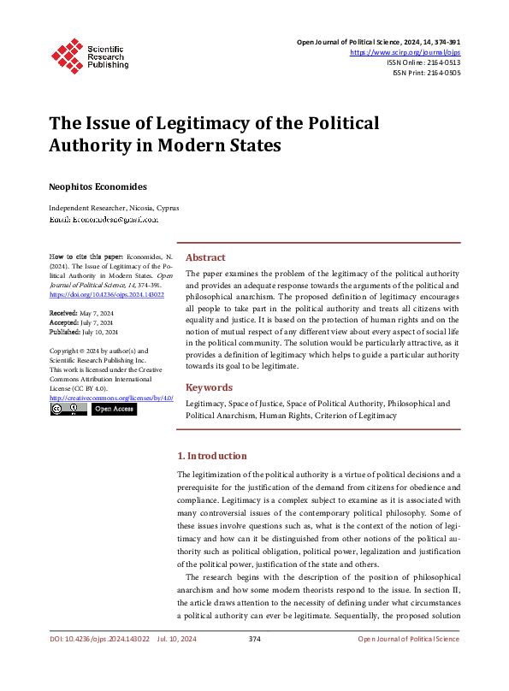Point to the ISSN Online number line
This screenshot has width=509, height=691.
pyautogui.click(x=423, y=62)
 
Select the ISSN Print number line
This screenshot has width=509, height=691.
pyautogui.click(x=426, y=74)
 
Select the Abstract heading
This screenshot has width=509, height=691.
pyautogui.click(x=205, y=257)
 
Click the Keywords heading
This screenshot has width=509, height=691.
pyautogui.click(x=209, y=387)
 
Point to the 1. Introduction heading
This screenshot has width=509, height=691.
pyautogui.click(x=211, y=456)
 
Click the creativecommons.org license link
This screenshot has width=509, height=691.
pyautogui.click(x=111, y=398)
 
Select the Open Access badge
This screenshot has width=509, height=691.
pyautogui.click(x=114, y=410)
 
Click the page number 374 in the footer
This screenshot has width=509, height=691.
pyautogui.click(x=254, y=663)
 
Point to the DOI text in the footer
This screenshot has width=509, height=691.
pyautogui.click(x=99, y=663)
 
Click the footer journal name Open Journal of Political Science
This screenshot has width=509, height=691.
pyautogui.click(x=408, y=663)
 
